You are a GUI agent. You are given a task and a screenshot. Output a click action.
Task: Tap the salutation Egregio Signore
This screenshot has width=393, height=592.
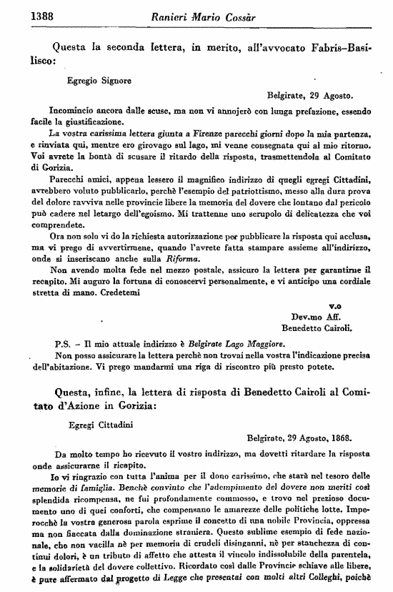(x=99, y=81)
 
